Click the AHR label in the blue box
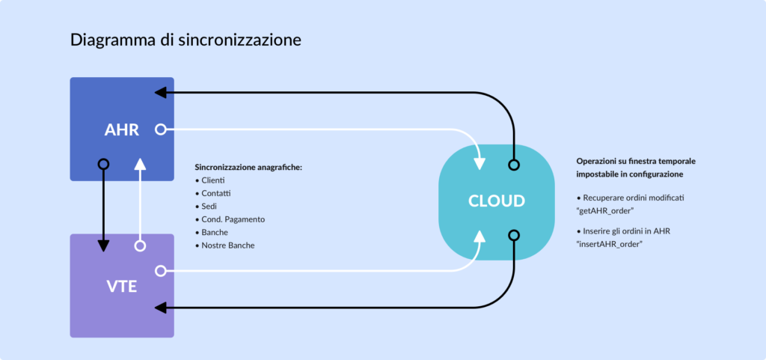[x=122, y=129]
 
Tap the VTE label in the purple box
[x=122, y=285]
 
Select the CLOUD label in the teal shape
[x=496, y=201]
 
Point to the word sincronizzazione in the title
[x=240, y=40]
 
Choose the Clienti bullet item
[x=213, y=180]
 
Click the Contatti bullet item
[x=216, y=193]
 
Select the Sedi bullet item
[x=209, y=206]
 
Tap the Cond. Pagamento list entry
[x=233, y=219]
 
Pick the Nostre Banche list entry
[x=228, y=245]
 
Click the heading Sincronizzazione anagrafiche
[x=248, y=167]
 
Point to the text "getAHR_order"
[x=605, y=211]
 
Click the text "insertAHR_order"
[x=610, y=244]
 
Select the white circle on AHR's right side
[x=159, y=129]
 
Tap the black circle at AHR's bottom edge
[x=103, y=164]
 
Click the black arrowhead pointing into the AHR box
[x=159, y=92]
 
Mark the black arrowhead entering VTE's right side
[x=159, y=307]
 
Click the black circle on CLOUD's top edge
[x=513, y=164]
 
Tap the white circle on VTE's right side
[x=159, y=270]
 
